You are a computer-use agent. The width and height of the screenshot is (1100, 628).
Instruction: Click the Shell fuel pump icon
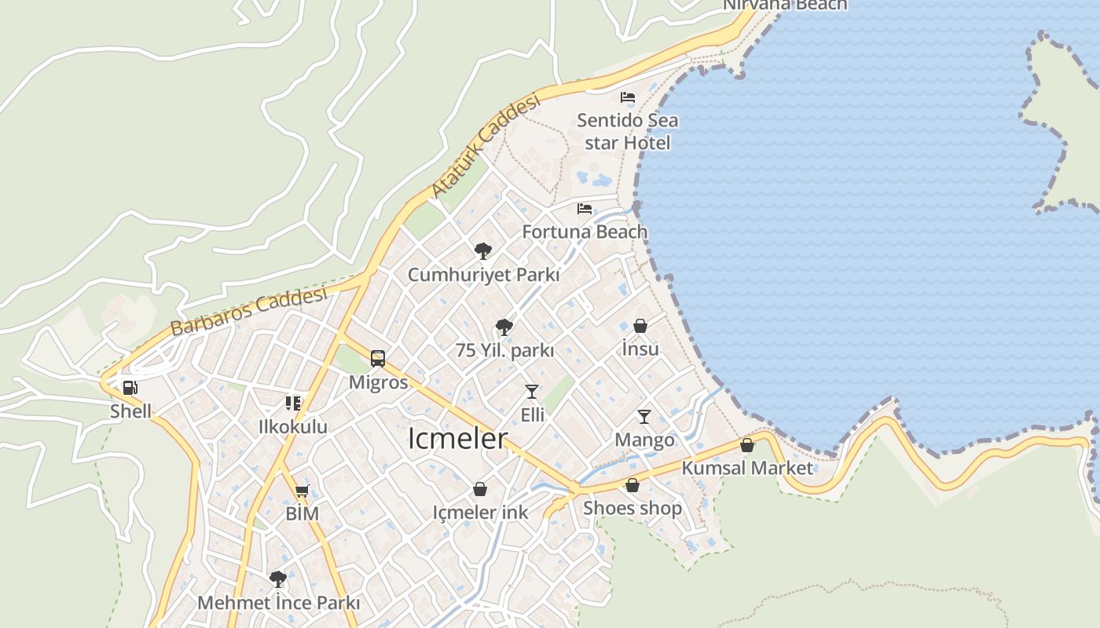tap(130, 387)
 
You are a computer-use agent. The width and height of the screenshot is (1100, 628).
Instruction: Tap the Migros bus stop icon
tap(378, 359)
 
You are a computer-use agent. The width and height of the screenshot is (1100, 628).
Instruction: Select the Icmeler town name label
tap(457, 439)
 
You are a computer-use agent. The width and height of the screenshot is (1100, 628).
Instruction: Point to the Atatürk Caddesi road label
tap(486, 146)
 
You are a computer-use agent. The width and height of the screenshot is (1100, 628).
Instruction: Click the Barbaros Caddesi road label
tap(248, 311)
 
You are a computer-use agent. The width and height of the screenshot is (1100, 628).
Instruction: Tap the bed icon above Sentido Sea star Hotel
tap(628, 97)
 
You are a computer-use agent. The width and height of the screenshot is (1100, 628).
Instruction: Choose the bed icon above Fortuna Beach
tap(585, 209)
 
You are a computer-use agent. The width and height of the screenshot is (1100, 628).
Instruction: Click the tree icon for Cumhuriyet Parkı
tap(483, 251)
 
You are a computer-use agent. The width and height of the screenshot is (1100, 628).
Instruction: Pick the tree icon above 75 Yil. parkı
tap(504, 327)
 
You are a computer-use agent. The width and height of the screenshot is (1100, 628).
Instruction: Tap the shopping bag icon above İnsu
tap(640, 326)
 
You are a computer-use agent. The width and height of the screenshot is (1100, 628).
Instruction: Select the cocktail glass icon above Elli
tap(532, 391)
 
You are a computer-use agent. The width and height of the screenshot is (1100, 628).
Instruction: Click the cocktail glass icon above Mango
tap(644, 416)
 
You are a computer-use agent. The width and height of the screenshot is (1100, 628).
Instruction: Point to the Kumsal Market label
tap(747, 468)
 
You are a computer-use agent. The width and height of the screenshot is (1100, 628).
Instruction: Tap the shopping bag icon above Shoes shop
tap(632, 485)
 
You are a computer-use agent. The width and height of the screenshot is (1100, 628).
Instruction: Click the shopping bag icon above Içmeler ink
tap(480, 490)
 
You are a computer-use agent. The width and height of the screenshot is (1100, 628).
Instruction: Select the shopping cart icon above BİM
tap(302, 491)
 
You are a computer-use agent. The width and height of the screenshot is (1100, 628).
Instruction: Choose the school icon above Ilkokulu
tap(293, 403)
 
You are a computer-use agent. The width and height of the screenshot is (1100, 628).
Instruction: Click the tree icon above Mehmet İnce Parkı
tap(277, 579)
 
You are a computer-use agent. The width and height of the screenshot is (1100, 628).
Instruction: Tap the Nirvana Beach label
tap(785, 5)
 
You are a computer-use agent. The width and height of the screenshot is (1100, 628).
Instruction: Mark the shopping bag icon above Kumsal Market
tap(747, 445)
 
